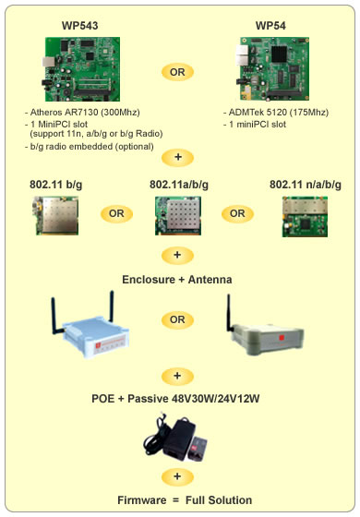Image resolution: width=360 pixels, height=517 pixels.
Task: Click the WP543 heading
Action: tap(79, 26)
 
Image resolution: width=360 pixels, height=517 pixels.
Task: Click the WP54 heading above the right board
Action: tap(270, 26)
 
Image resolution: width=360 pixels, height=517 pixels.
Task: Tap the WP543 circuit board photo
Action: tap(81, 69)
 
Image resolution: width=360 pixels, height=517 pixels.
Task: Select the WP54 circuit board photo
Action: tap(272, 68)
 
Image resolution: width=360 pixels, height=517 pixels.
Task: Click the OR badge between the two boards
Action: tap(177, 72)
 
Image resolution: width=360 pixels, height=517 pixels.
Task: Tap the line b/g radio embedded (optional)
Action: tap(89, 147)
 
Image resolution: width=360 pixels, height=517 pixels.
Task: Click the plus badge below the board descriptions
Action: tap(177, 157)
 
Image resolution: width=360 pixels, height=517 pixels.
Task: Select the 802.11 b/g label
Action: tap(55, 185)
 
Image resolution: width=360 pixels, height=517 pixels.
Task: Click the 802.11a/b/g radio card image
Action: tap(178, 216)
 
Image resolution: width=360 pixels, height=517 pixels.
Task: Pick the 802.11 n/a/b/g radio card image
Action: tap(305, 217)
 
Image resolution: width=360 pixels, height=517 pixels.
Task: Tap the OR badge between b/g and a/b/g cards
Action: tap(116, 213)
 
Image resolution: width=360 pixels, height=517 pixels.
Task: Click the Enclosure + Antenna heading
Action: tap(177, 280)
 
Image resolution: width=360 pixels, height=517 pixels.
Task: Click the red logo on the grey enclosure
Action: tap(282, 338)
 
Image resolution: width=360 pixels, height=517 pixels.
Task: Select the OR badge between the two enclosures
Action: tap(177, 319)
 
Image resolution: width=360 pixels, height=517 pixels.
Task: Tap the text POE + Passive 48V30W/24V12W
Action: tap(175, 399)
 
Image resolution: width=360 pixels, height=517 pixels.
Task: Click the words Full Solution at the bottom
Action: tap(219, 500)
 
